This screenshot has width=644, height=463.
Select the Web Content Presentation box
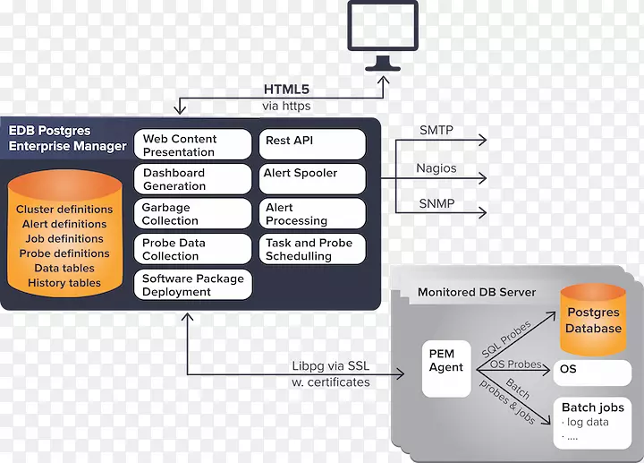point(194,145)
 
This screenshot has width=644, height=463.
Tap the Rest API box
point(312,143)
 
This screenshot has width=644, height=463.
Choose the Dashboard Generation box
point(194,179)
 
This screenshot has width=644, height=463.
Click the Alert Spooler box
point(312,177)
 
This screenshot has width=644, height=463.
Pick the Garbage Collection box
point(194,214)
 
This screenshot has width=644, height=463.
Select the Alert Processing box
point(312,214)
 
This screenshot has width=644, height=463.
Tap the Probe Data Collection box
point(194,249)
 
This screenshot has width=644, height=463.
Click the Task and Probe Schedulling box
point(312,249)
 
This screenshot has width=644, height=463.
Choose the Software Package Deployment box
point(194,285)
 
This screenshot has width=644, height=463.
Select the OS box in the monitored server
point(590,369)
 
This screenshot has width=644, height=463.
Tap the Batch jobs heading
point(592,407)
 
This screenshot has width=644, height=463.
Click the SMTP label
point(436,131)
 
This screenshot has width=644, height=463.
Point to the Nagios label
point(437,167)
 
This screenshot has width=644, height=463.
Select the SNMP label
point(436,203)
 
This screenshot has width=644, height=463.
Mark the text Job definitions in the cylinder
point(64,239)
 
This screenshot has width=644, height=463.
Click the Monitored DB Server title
point(477,293)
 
